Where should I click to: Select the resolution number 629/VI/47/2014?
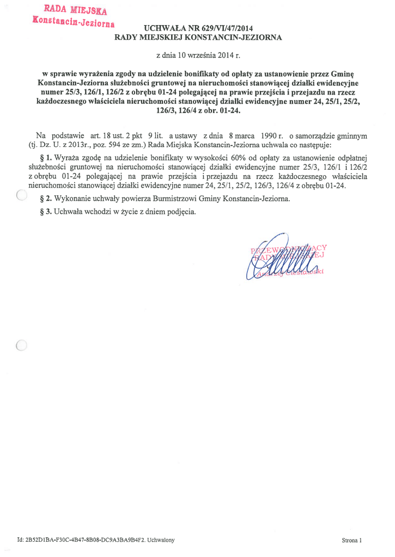[226, 28]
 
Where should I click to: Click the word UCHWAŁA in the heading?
[163, 28]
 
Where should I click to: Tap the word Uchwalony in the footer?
[161, 540]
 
